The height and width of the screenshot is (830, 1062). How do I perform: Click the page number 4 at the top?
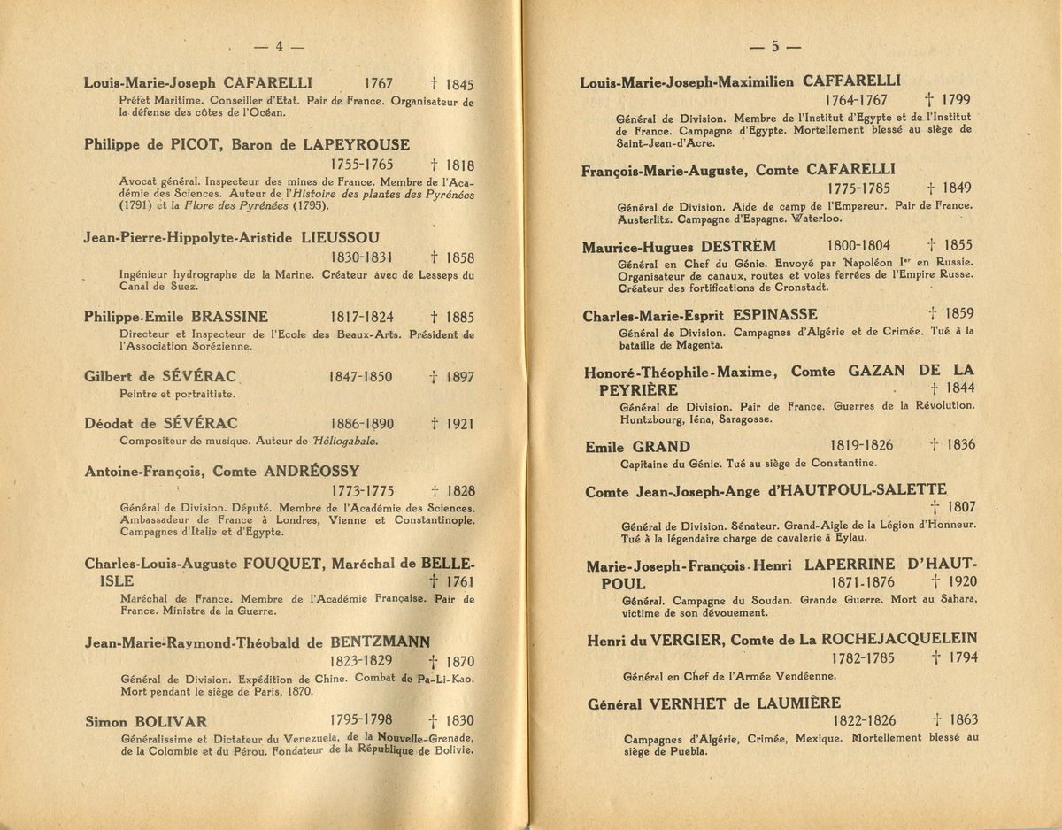click(278, 47)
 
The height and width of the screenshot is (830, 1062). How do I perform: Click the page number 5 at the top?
click(774, 47)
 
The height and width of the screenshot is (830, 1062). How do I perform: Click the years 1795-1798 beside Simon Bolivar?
click(361, 719)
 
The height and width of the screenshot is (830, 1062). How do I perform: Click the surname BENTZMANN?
click(381, 642)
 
